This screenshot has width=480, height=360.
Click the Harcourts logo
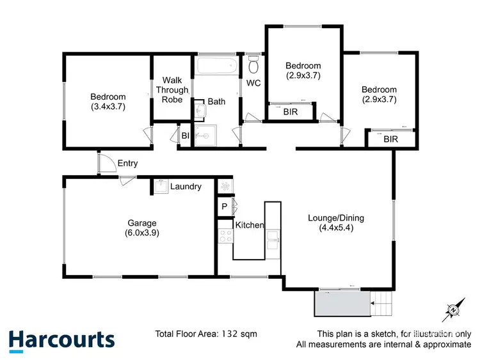pyautogui.click(x=61, y=340)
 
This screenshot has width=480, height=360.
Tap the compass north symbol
pyautogui.click(x=452, y=310)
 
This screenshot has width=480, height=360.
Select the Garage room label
pyautogui.click(x=142, y=223)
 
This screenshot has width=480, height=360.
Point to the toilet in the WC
pyautogui.click(x=253, y=65)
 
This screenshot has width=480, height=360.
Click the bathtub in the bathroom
pyautogui.click(x=216, y=67)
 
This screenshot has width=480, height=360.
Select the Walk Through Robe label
pyautogui.click(x=172, y=90)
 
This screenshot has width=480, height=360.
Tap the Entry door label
pyautogui.click(x=127, y=163)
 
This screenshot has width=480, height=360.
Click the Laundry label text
pyautogui.click(x=186, y=187)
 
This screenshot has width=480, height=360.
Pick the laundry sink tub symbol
pyautogui.click(x=160, y=186)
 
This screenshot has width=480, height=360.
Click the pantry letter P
pyautogui.click(x=224, y=207)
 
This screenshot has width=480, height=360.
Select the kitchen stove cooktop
pyautogui.click(x=225, y=236)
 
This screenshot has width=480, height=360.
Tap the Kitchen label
pyautogui.click(x=250, y=225)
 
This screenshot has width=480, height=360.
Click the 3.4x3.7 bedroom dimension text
pyautogui.click(x=108, y=107)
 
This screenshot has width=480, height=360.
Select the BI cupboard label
pyautogui.click(x=185, y=136)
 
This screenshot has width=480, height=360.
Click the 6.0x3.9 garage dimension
pyautogui.click(x=142, y=233)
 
